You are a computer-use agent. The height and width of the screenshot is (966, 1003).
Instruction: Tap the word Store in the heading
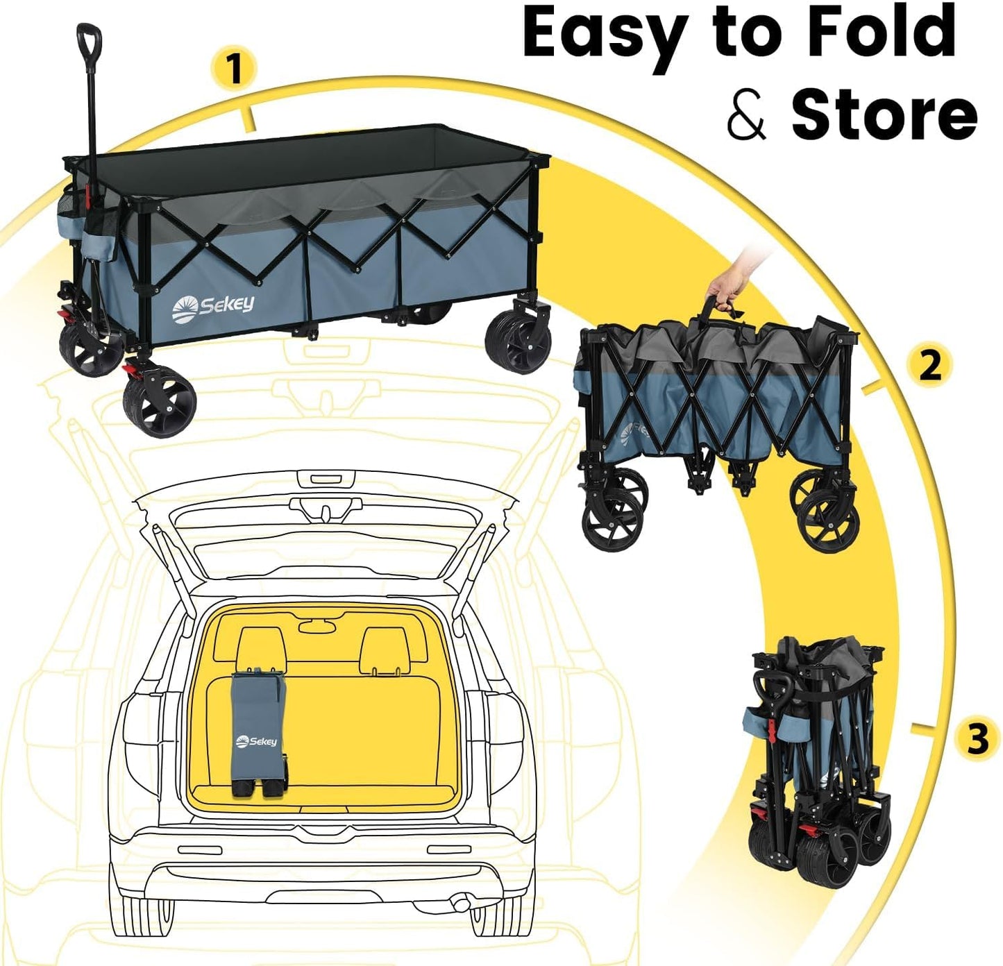(x=884, y=115)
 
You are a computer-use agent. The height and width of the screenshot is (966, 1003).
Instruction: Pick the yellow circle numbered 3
(x=977, y=738)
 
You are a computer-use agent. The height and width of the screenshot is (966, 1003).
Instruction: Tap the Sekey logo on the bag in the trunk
(x=257, y=742)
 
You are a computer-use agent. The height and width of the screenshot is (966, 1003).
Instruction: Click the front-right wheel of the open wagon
(x=519, y=342)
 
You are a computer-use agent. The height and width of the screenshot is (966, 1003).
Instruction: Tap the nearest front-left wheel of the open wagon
(x=160, y=405)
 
